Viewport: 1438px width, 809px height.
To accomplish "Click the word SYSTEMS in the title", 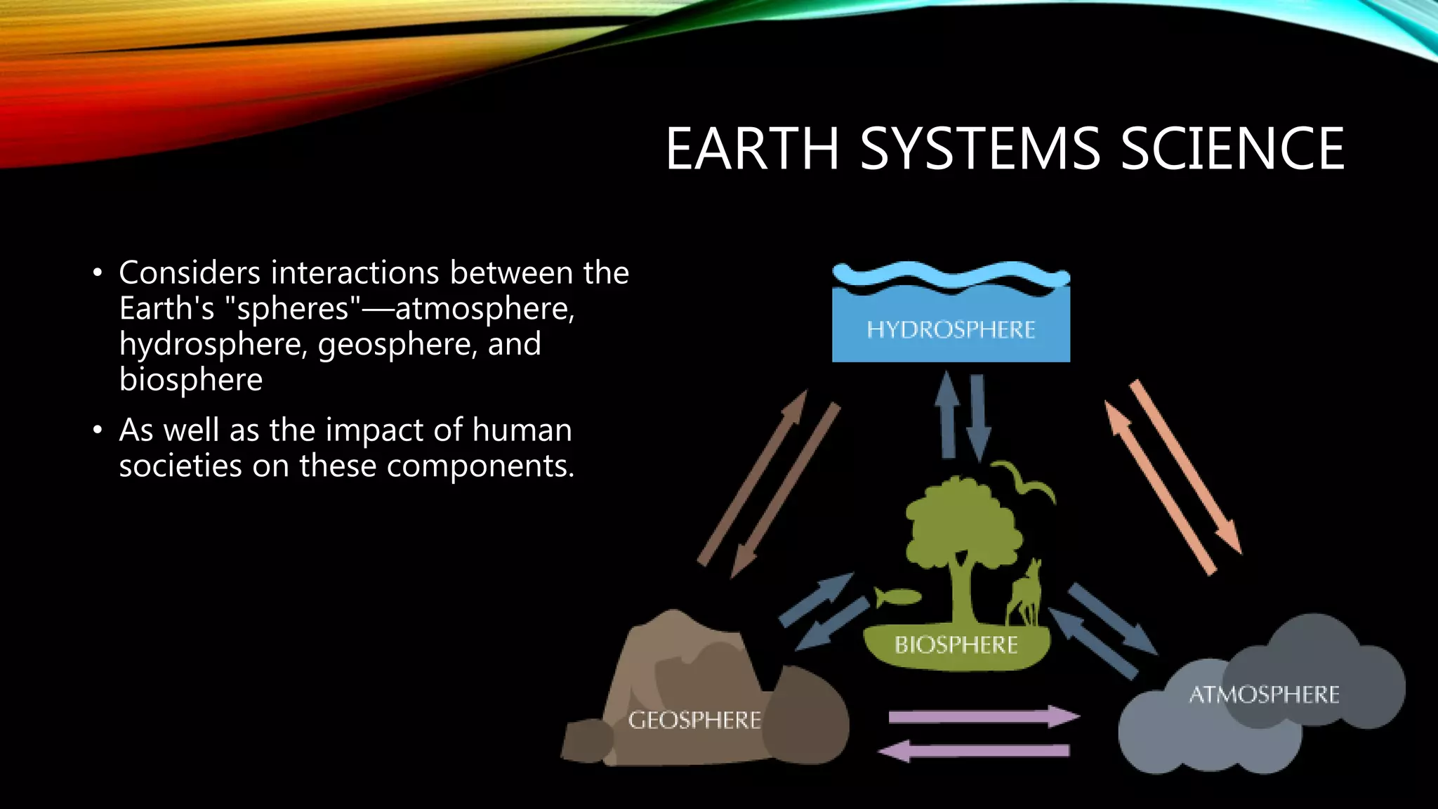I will (x=980, y=149).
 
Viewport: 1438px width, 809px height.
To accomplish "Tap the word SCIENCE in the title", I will (x=1232, y=149).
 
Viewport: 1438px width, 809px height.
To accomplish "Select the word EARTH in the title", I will (x=752, y=149).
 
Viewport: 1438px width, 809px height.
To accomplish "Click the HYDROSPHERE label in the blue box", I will (x=951, y=329).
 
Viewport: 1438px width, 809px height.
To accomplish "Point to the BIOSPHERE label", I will (x=956, y=645).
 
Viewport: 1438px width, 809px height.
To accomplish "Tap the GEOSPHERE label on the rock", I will (x=694, y=720).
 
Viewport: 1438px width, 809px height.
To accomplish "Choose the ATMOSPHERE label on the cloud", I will (x=1264, y=695).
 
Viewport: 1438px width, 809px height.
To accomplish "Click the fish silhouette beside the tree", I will (x=897, y=598).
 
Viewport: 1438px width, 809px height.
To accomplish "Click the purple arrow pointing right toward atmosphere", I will (x=983, y=717).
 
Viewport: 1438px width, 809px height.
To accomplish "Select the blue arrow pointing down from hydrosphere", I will (x=978, y=417).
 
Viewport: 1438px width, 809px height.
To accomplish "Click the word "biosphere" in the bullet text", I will (x=190, y=380).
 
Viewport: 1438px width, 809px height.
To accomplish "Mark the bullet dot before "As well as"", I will (x=98, y=430).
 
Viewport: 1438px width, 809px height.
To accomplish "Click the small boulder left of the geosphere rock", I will (x=588, y=740).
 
